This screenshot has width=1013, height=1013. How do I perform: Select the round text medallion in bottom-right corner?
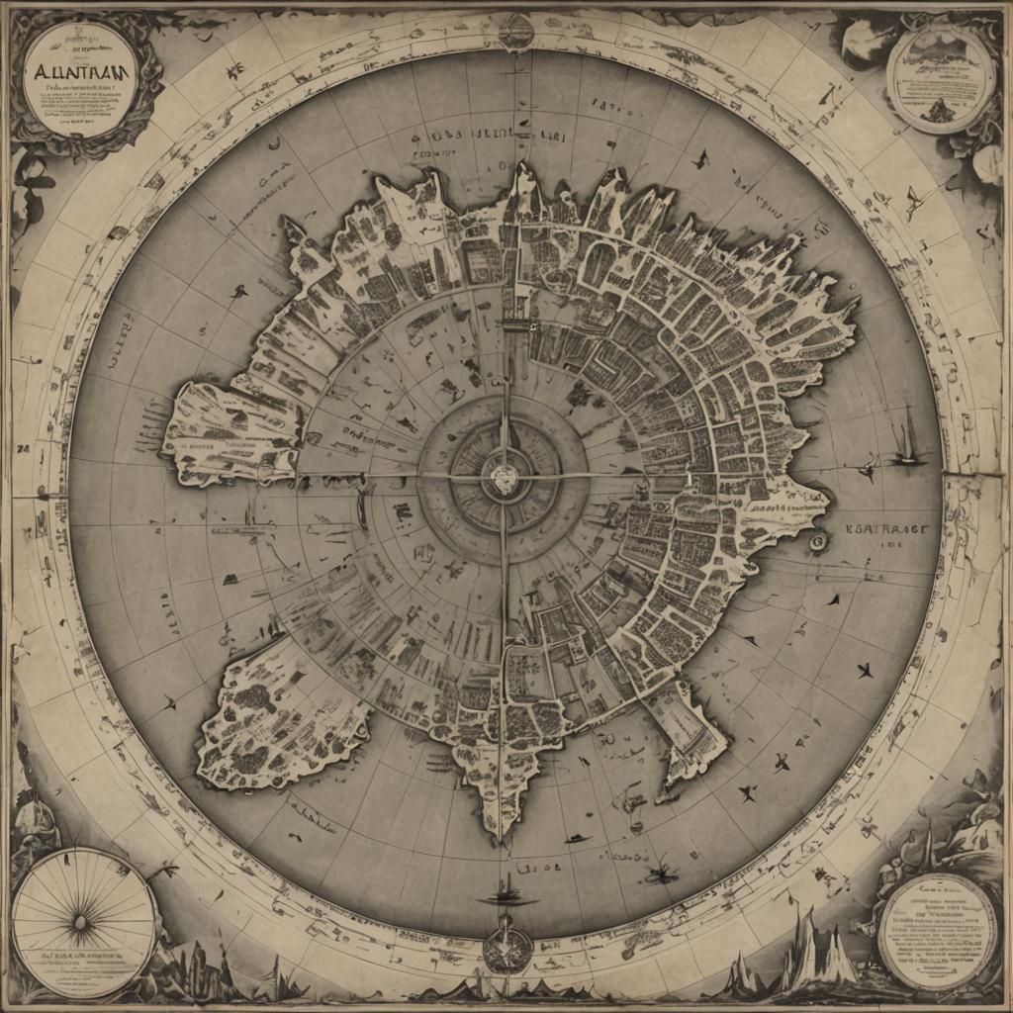pyautogui.click(x=938, y=930)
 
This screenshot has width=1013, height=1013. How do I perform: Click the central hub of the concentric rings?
pyautogui.click(x=505, y=480)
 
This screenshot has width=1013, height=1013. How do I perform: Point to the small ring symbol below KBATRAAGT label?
pyautogui.click(x=817, y=542)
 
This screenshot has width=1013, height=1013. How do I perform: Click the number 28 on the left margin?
pyautogui.click(x=24, y=447)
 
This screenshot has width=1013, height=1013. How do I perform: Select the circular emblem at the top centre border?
pyautogui.click(x=515, y=32)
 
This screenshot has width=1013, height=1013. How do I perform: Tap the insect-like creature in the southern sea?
pyautogui.click(x=657, y=873)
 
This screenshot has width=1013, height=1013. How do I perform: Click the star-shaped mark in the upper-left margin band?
pyautogui.click(x=235, y=71)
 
